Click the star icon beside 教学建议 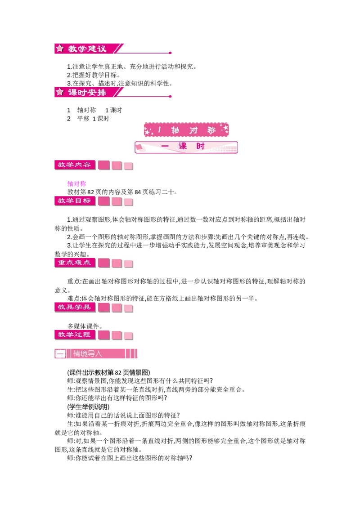pyautogui.click(x=60, y=48)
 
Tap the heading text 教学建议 pyautogui.click(x=87, y=49)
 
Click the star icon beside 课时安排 pyautogui.click(x=60, y=92)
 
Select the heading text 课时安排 pyautogui.click(x=87, y=92)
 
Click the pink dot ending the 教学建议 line pyautogui.click(x=170, y=54)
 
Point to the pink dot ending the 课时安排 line pyautogui.click(x=170, y=97)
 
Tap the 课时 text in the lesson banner pyautogui.click(x=192, y=147)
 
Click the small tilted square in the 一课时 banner pyautogui.click(x=139, y=147)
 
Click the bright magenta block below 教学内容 pyautogui.click(x=76, y=183)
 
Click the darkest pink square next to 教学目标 pyautogui.click(x=104, y=201)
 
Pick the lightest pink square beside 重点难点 pyautogui.click(x=129, y=263)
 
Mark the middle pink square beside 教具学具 pyautogui.click(x=117, y=308)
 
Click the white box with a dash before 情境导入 pyautogui.click(x=60, y=354)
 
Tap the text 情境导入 pyautogui.click(x=88, y=354)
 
